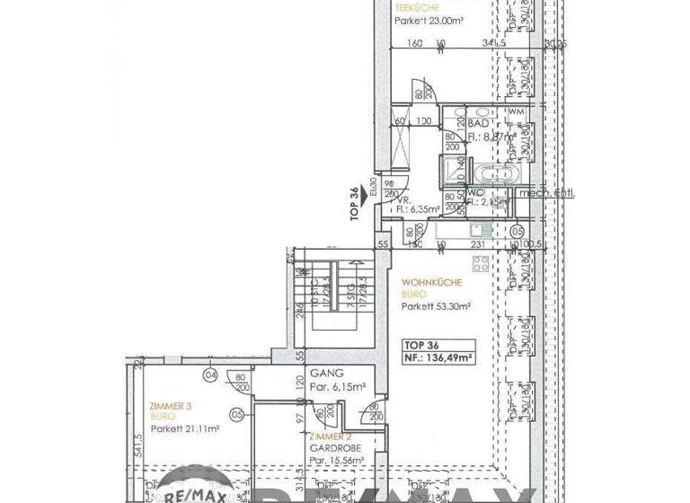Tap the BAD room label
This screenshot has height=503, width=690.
click(478, 123)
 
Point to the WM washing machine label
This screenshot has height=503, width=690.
click(516, 111)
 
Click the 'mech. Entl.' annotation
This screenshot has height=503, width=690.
click(554, 193)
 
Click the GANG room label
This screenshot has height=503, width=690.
click(323, 373)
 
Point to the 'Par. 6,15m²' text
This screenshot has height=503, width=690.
click(336, 387)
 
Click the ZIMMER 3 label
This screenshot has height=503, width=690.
click(171, 406)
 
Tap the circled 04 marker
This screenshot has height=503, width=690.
click(210, 375)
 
